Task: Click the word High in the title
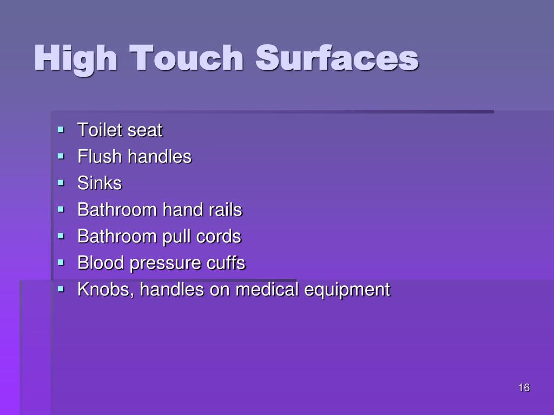76,59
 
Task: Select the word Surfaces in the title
337,58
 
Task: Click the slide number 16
523,388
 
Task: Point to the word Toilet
100,130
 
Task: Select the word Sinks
100,183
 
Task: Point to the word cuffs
226,263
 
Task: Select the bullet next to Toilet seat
61,130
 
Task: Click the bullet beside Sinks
61,183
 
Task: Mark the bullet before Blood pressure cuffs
61,263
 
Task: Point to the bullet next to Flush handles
61,156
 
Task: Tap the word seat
144,131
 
